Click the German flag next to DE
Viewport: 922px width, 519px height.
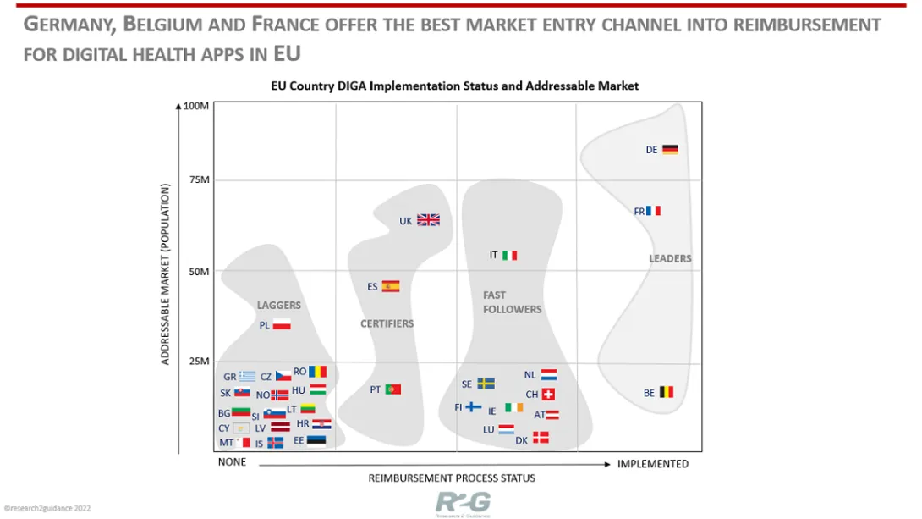pyautogui.click(x=670, y=150)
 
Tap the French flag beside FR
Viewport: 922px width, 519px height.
pyautogui.click(x=653, y=211)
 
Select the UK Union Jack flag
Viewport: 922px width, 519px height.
pyautogui.click(x=429, y=220)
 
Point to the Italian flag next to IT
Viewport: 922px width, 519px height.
pyautogui.click(x=509, y=255)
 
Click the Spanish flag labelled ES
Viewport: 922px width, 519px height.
pyautogui.click(x=390, y=286)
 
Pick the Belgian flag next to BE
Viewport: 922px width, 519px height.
pyautogui.click(x=667, y=392)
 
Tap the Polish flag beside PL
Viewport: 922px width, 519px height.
pyautogui.click(x=282, y=324)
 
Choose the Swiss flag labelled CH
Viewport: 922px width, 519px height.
pyautogui.click(x=548, y=395)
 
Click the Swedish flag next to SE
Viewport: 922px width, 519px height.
pyautogui.click(x=486, y=384)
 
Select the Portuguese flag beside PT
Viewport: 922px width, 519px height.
pyautogui.click(x=392, y=389)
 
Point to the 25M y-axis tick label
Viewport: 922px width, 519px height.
pyautogui.click(x=198, y=362)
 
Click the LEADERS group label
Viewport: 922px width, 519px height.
pyautogui.click(x=670, y=258)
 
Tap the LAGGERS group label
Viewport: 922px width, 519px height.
pyautogui.click(x=278, y=305)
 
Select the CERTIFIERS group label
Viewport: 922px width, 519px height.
pyautogui.click(x=387, y=323)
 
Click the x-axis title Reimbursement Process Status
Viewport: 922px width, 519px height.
pyautogui.click(x=452, y=478)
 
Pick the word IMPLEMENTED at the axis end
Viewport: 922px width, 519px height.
pyautogui.click(x=653, y=463)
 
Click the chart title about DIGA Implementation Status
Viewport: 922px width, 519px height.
pyautogui.click(x=454, y=86)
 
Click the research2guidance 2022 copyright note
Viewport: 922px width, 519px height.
pyautogui.click(x=47, y=510)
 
